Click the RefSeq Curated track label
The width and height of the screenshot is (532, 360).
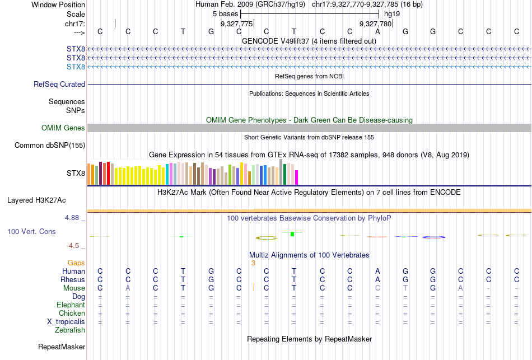59,85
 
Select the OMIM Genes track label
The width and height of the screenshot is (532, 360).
63,128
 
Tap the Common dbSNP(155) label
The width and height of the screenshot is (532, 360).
49,146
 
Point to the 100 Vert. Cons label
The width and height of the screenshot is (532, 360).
31,231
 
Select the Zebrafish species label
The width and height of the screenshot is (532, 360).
70,330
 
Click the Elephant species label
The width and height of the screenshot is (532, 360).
71,305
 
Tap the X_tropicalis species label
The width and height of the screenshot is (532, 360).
66,322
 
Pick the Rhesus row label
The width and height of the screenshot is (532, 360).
73,280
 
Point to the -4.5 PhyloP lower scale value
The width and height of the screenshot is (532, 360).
76,245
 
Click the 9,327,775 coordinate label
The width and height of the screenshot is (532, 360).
237,24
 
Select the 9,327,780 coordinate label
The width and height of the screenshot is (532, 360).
375,24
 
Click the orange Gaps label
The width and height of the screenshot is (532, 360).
76,263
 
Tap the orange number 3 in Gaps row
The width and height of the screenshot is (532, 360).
253,263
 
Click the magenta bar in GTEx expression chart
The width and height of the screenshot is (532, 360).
297,177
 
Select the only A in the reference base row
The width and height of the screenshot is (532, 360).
378,31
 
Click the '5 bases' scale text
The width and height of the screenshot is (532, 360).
225,13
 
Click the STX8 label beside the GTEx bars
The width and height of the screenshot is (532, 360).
76,174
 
